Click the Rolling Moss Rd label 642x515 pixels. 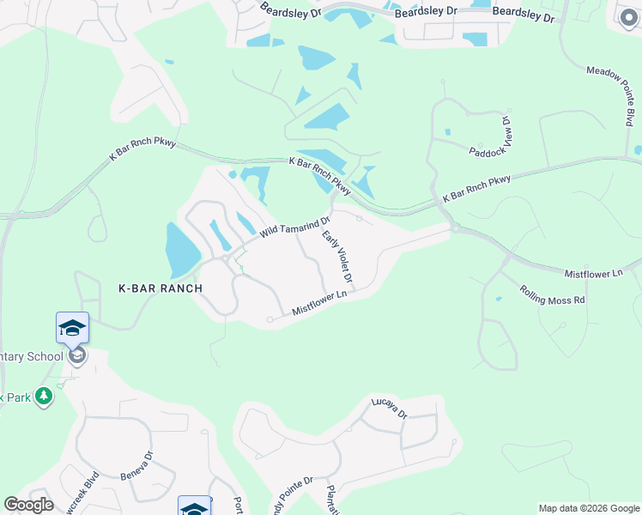(x=552, y=294)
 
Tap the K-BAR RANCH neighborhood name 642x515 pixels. (x=160, y=288)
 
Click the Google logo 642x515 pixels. (x=28, y=505)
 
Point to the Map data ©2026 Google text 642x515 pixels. (x=588, y=508)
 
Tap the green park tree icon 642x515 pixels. (x=44, y=397)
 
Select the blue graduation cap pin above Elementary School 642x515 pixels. (x=72, y=328)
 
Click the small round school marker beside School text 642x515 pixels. (x=77, y=355)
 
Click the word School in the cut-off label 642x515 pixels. (x=45, y=356)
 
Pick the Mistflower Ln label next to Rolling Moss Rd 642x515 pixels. (x=593, y=273)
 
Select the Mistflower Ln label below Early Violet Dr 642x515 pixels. (x=318, y=303)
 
